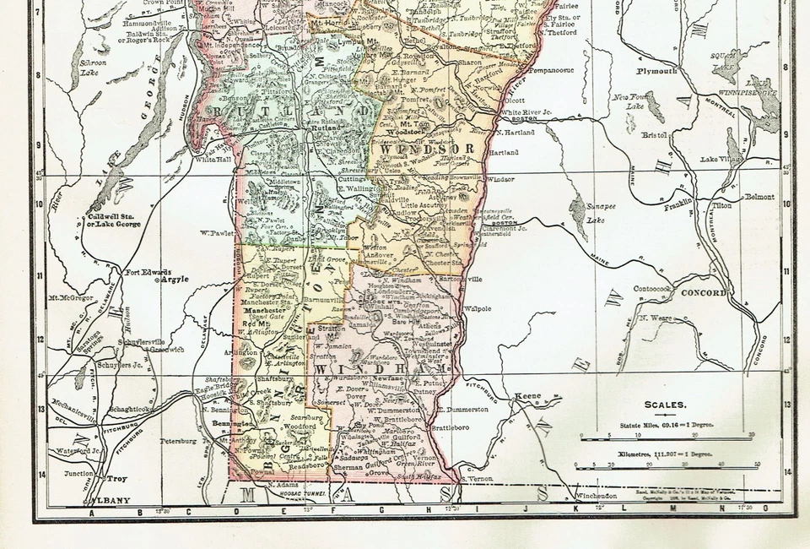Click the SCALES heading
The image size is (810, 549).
(x=665, y=405)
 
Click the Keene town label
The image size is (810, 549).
(x=529, y=395)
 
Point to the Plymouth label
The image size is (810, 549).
(x=656, y=72)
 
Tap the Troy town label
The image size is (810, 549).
(x=116, y=479)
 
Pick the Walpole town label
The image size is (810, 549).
(x=478, y=309)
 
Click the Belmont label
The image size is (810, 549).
(x=759, y=197)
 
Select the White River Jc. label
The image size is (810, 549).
(x=525, y=111)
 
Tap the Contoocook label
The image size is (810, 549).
(x=651, y=288)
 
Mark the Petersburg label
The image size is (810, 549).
(x=177, y=441)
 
